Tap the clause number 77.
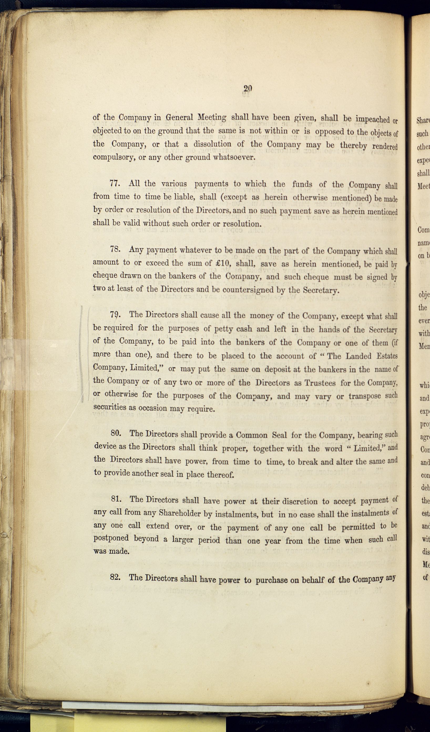[115, 183]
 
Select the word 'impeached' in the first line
[372, 119]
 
